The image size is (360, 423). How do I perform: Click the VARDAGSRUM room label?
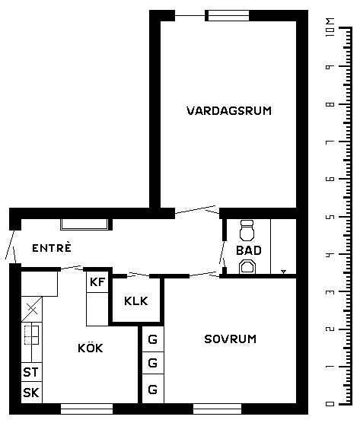tap(229, 111)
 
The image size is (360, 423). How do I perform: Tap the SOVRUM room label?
tap(230, 339)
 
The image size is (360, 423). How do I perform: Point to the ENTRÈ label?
tap(52, 247)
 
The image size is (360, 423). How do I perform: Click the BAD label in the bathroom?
tap(249, 250)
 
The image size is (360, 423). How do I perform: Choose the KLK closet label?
tap(136, 301)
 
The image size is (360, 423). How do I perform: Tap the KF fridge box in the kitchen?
tap(97, 281)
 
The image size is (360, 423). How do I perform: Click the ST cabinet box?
tap(31, 372)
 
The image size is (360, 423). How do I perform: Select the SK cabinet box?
tap(31, 393)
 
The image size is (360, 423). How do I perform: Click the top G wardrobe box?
tap(153, 339)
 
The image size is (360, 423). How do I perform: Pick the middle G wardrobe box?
tap(153, 363)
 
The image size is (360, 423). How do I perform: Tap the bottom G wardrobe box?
tap(153, 389)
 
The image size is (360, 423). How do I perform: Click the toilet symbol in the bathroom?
tap(247, 230)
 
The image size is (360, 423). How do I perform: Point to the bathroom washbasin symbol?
tap(247, 267)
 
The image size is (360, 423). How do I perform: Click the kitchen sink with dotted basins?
tap(31, 335)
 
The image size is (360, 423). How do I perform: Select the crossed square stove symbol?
tap(32, 309)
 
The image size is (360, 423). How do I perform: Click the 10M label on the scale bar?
tap(330, 27)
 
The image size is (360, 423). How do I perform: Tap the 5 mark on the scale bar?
tap(330, 217)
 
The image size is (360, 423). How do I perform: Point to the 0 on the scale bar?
tap(330, 404)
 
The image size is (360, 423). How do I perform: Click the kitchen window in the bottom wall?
tap(87, 409)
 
